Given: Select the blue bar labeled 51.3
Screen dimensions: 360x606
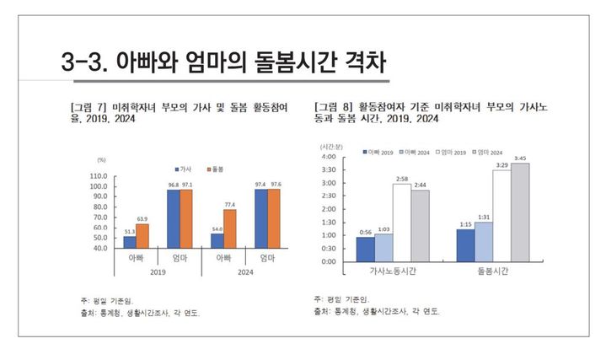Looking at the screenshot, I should [130, 242].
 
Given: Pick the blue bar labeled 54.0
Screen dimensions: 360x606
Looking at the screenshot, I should [217, 240].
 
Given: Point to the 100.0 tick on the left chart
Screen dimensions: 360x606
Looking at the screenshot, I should [98, 186].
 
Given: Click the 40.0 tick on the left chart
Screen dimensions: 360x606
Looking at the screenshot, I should [98, 248].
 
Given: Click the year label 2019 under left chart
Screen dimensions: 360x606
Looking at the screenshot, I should [158, 272].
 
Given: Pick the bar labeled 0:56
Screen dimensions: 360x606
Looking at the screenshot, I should [365, 249].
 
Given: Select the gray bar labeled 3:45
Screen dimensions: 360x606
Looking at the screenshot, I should [520, 212].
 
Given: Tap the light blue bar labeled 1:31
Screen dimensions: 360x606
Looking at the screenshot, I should [484, 241].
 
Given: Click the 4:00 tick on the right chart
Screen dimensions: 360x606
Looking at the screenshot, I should [329, 157].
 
